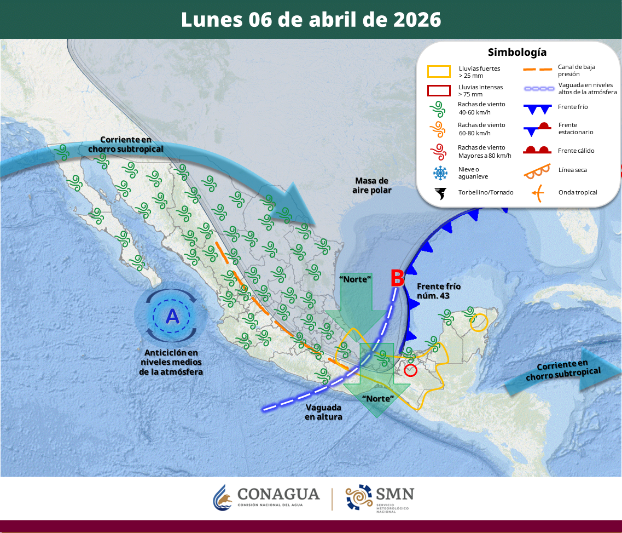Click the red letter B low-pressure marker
tap(397, 278)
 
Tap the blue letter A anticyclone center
tap(172, 316)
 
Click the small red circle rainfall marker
tap(410, 370)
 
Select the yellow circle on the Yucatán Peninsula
tap(479, 322)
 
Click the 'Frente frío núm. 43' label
tap(439, 291)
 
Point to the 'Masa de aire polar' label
tap(371, 185)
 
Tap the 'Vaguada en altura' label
tap(324, 412)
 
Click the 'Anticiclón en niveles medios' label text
tap(170, 362)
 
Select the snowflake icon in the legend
tap(439, 173)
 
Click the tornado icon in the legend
tap(439, 193)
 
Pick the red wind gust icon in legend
tap(439, 151)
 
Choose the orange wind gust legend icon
tap(439, 129)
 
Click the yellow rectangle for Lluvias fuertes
tap(439, 72)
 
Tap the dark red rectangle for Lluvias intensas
tap(439, 90)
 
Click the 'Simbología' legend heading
tap(516, 53)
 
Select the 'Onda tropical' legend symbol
tap(537, 192)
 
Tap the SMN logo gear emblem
tap(358, 497)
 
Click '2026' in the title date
tap(417, 19)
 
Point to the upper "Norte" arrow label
tap(356, 279)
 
